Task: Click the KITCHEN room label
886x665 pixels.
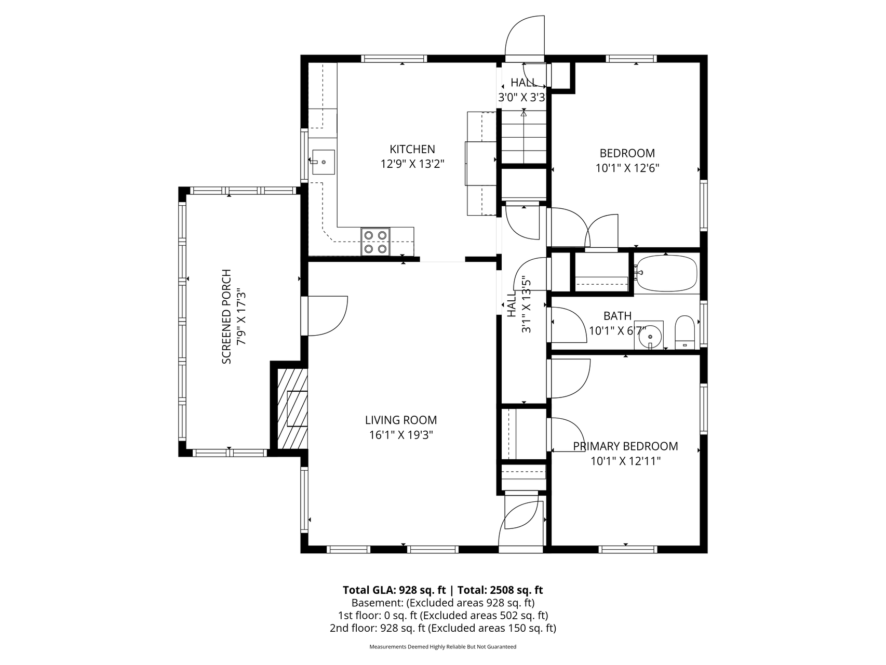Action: (412, 149)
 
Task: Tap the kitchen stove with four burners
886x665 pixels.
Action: (375, 242)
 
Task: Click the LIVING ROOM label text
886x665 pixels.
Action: (401, 420)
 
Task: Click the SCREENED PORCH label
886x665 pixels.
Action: (226, 316)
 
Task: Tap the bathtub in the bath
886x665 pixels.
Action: (667, 273)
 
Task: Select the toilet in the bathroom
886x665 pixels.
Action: (684, 332)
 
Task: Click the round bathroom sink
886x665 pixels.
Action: (649, 336)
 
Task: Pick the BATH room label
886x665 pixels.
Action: (617, 315)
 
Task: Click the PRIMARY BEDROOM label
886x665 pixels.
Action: (625, 446)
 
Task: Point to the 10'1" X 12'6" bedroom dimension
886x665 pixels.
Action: (627, 168)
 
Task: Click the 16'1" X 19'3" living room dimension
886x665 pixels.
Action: (401, 435)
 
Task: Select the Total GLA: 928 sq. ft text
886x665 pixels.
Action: (395, 590)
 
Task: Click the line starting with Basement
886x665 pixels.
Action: (443, 603)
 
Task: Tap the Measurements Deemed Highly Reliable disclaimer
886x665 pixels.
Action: (443, 647)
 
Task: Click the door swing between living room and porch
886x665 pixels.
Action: (327, 316)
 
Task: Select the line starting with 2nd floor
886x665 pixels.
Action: (443, 628)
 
